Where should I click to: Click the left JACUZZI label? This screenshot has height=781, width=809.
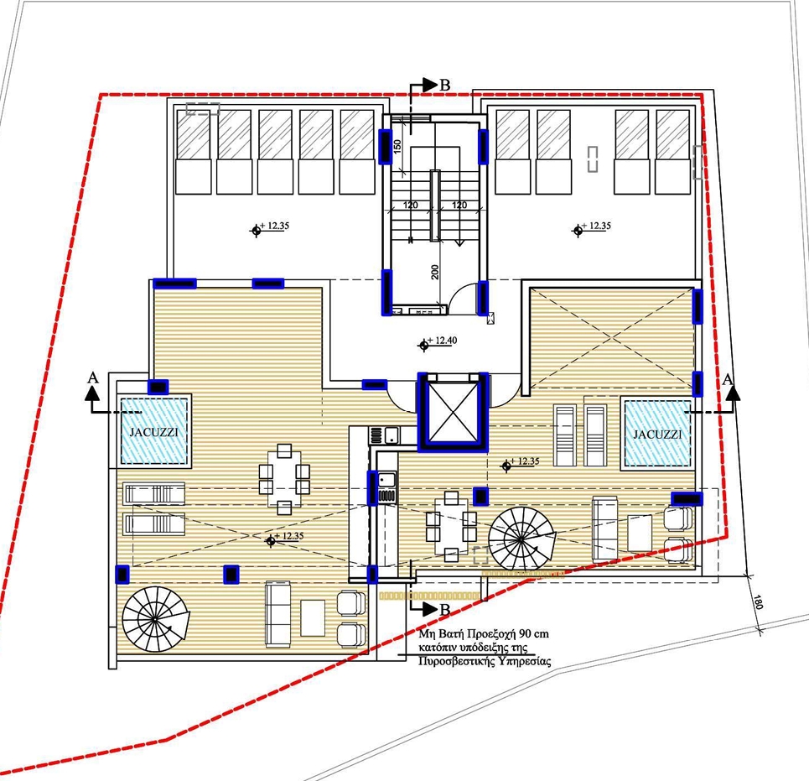pos(153,432)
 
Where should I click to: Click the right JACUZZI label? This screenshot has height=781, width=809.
pos(657,434)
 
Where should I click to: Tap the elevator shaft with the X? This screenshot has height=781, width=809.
pos(453,412)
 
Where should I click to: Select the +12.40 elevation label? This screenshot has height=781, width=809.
pos(441,341)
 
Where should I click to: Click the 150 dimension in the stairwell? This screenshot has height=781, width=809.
pos(397,147)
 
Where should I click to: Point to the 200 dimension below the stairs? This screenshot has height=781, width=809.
pos(434,272)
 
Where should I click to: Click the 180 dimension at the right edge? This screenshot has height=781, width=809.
pos(757,602)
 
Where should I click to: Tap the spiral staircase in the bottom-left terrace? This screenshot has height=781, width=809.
pos(156,619)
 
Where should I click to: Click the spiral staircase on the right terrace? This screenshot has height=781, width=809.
pos(521,539)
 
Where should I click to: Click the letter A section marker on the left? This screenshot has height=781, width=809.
pos(93,377)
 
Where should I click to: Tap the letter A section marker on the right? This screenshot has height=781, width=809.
pos(728,380)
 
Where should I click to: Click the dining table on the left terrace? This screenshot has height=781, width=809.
pos(283,480)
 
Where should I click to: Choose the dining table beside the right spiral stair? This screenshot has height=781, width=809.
pos(452,527)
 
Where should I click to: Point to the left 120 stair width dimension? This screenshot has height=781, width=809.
pos(410,205)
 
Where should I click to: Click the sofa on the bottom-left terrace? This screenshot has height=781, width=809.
pos(278,614)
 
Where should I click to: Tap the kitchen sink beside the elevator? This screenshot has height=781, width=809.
pos(391,435)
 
